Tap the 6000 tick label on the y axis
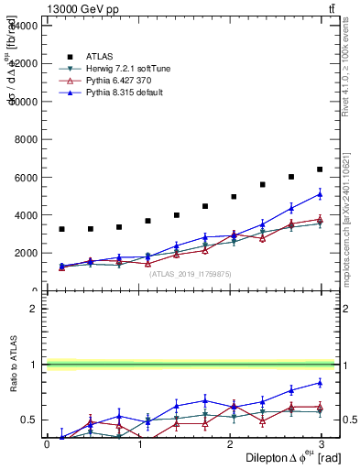coord(26,177)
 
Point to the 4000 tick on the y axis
coord(26,215)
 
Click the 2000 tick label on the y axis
coord(26,253)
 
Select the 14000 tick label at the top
coord(23,26)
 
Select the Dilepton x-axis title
coord(284,458)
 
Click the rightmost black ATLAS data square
coord(320,169)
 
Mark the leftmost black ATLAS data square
coord(61,229)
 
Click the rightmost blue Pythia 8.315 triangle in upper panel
coord(320,194)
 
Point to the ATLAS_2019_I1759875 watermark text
coord(191,273)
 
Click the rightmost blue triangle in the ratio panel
coord(320,383)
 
